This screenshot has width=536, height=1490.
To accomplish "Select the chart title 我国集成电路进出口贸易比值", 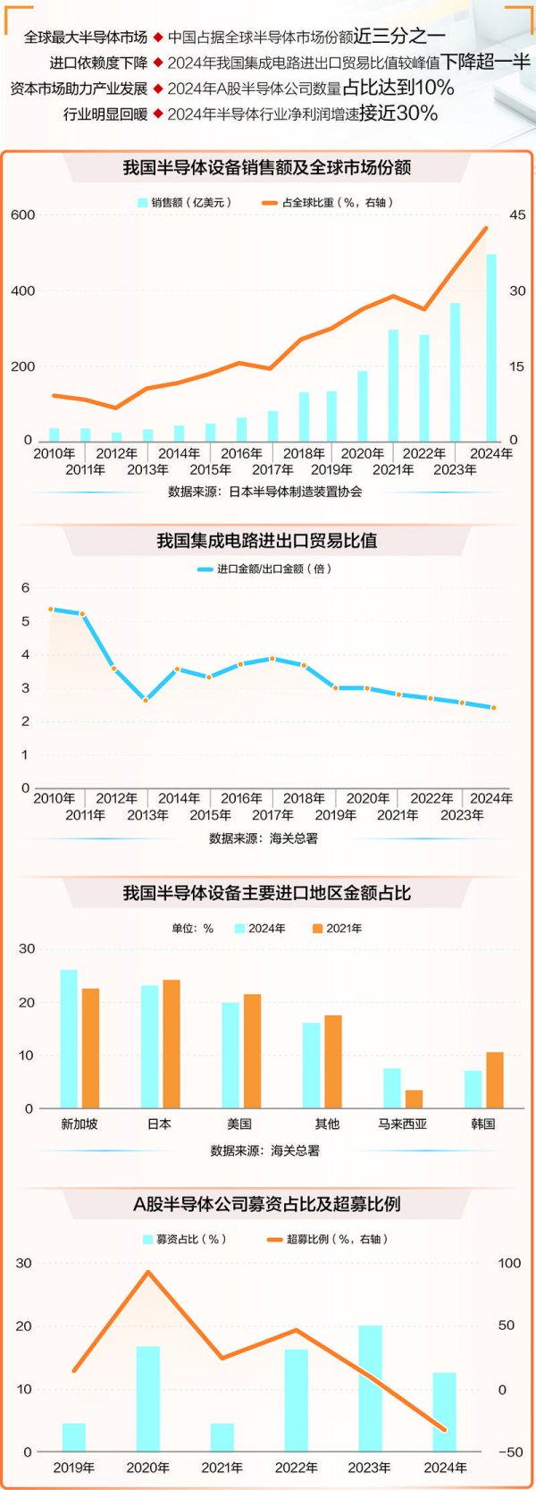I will click(267, 541).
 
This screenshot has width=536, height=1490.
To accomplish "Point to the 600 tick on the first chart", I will click(23, 215).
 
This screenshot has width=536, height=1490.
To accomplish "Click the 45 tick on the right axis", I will click(517, 215).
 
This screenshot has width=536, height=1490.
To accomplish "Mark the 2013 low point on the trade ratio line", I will click(146, 700).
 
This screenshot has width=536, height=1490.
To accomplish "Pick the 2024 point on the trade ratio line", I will click(493, 708).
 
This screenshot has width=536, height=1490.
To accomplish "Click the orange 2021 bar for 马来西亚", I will click(414, 1099).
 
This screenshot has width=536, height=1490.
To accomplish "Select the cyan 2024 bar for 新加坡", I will click(69, 1039).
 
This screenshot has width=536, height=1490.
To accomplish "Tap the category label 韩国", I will click(482, 1124).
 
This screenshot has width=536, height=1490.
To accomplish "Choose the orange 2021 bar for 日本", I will click(171, 1044).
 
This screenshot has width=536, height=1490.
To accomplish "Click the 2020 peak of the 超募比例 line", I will click(148, 1272).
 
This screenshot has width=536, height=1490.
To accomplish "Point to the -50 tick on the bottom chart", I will click(510, 1452).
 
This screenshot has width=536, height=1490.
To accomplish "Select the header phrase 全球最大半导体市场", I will click(86, 38).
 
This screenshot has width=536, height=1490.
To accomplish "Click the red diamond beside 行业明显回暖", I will click(158, 114).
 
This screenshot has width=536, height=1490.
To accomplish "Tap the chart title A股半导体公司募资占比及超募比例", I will click(267, 1204).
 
